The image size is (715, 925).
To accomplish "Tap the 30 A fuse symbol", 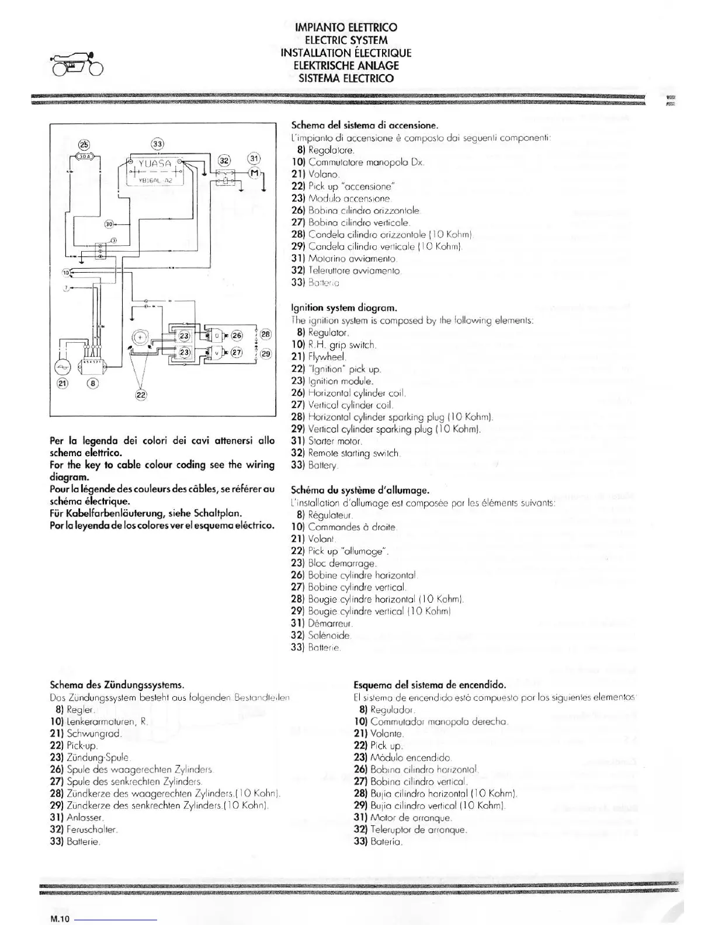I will pyautogui.click(x=85, y=156).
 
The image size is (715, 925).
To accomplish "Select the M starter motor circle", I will pyautogui.click(x=254, y=172).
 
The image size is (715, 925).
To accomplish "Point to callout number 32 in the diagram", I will pyautogui.click(x=225, y=160).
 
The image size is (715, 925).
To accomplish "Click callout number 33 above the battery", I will pyautogui.click(x=158, y=144).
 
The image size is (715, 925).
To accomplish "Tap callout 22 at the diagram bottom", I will pyautogui.click(x=141, y=395).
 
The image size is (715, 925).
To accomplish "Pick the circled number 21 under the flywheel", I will pyautogui.click(x=63, y=383).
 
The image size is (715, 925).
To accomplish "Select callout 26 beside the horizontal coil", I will pyautogui.click(x=237, y=335).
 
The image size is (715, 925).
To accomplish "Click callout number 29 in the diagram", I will pyautogui.click(x=266, y=353).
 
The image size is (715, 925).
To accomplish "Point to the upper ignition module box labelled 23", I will pyautogui.click(x=184, y=336).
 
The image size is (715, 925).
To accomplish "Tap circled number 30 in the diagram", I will pyautogui.click(x=109, y=224).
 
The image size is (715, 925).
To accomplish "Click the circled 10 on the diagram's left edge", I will pyautogui.click(x=67, y=273).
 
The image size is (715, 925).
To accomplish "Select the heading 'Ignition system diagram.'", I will pyautogui.click(x=336, y=307).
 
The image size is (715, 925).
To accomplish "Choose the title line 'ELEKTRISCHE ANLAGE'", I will pyautogui.click(x=346, y=65).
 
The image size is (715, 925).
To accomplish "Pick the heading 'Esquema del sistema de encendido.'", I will pyautogui.click(x=429, y=684).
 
